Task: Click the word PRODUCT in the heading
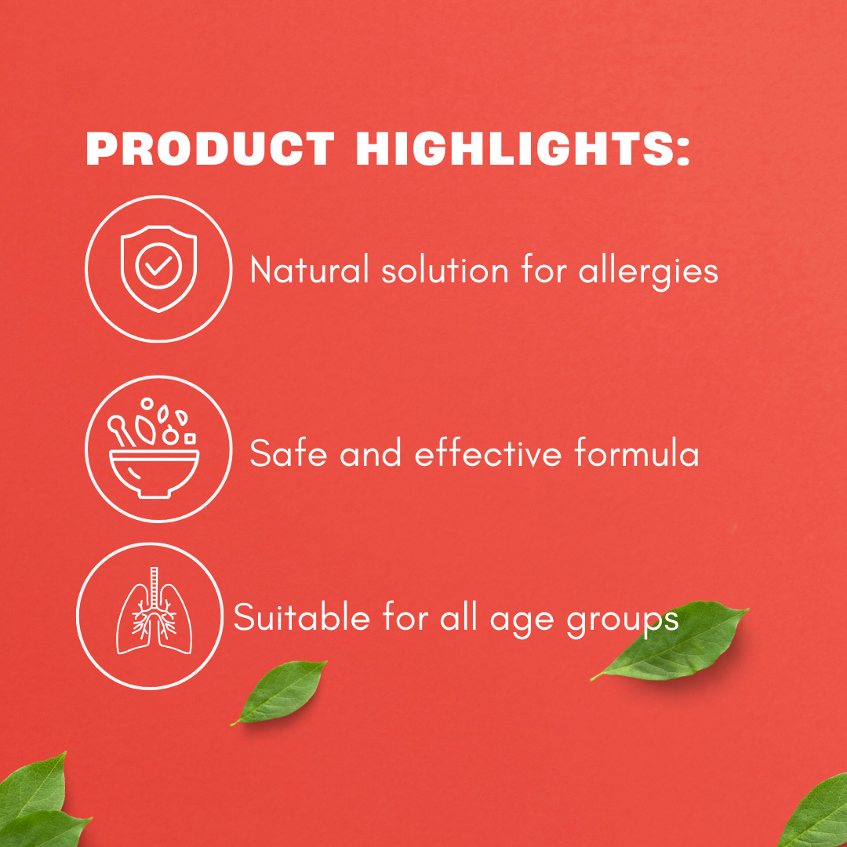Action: (x=210, y=148)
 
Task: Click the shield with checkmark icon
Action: (x=158, y=268)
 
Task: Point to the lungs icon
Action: (x=154, y=611)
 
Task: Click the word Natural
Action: (x=310, y=269)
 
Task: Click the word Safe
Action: (x=288, y=453)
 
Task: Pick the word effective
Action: (x=489, y=453)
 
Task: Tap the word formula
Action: (x=636, y=453)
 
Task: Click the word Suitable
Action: (x=301, y=617)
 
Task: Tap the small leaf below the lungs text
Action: (x=279, y=692)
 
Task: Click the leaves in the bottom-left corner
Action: (x=38, y=803)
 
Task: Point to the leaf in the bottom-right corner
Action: (x=816, y=813)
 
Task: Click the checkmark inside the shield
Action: (x=158, y=266)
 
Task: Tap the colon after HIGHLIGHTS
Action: (x=683, y=150)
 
